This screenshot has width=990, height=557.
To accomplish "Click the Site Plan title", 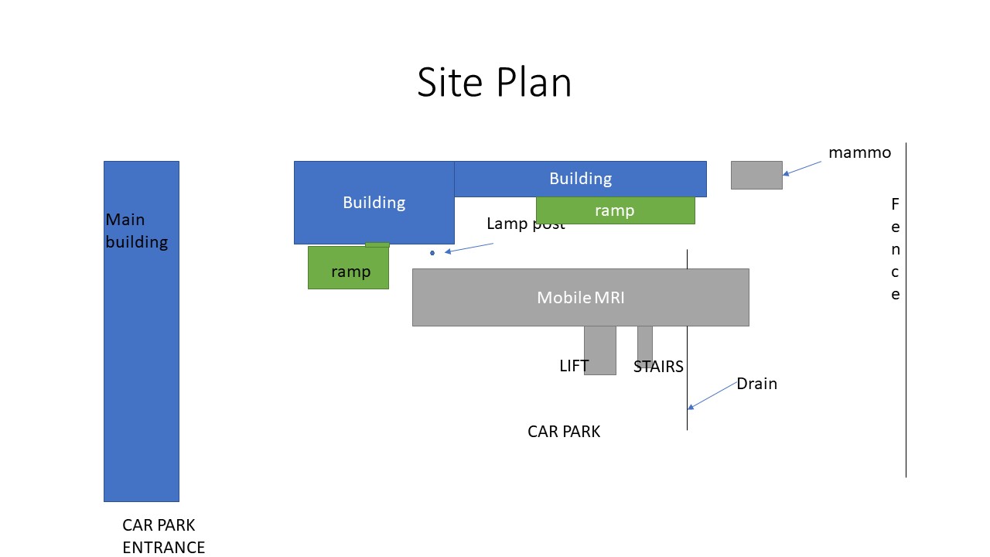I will coord(494,82).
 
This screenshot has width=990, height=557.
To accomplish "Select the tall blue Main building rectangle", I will coord(142,348).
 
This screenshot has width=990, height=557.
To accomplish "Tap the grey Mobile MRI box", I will coord(580,298).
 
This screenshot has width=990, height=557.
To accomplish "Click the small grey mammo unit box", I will coord(756,175).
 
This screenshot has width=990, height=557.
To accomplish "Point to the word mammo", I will coord(859,152).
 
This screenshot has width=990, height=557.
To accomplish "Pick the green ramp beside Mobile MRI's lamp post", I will coord(348,268).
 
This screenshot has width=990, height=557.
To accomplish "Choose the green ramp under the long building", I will coord(615,210).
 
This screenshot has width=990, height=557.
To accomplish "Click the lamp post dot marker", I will coord(432,253).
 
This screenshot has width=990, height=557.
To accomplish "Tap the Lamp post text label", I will coord(525,224).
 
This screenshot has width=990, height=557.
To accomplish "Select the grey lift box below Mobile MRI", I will coord(600,350).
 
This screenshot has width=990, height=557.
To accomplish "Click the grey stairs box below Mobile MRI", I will coord(645,342).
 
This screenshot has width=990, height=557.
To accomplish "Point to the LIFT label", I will coord(574,366).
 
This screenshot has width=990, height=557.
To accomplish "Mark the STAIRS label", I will coord(658,367).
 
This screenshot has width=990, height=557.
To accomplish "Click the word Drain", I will coord(756,384).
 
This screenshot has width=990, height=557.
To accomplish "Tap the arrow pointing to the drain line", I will coord(713,395).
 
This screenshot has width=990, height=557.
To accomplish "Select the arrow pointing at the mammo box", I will coord(802,168).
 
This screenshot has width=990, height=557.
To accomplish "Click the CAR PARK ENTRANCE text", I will coord(163,536).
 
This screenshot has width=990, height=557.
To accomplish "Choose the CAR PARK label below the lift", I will coord(564,432).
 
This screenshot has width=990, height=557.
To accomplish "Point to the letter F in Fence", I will coord(896,204).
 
